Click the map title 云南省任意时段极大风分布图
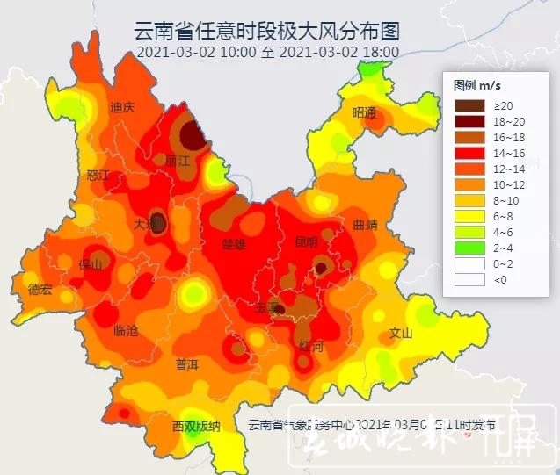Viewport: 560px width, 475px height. click(266, 32)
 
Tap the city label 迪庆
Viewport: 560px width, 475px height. click(122, 108)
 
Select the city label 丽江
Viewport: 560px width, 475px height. click(178, 161)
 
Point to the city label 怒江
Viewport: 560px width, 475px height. click(98, 176)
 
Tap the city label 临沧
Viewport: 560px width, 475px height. click(127, 331)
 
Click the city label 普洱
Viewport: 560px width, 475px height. click(187, 363)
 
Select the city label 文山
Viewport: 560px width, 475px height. click(401, 334)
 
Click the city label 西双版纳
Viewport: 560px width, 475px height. click(196, 427)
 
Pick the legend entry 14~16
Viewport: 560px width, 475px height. click(484, 153)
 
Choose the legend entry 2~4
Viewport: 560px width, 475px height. click(484, 248)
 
